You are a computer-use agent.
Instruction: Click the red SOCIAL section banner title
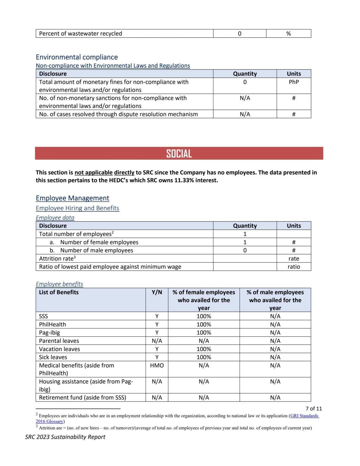point(179,154)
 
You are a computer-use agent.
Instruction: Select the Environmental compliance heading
point(77,57)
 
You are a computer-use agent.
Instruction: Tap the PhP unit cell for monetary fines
point(294,82)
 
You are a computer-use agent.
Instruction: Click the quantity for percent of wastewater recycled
point(239,34)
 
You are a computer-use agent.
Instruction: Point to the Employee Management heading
point(73,198)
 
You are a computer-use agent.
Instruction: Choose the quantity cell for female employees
point(245,242)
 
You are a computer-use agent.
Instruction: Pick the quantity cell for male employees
point(245,250)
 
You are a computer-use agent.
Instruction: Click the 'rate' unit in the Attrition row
point(294,259)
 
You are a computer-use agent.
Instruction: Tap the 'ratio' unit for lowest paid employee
point(294,267)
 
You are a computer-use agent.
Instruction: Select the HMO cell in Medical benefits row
point(157,366)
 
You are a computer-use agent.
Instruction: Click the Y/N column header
point(157,292)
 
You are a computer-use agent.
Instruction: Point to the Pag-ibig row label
point(50,333)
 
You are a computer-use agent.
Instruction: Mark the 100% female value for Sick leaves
point(204,357)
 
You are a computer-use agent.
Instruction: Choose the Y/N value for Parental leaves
point(157,341)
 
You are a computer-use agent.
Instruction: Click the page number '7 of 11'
point(314,409)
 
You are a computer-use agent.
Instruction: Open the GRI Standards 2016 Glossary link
point(304,416)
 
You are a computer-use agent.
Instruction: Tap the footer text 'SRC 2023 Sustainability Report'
point(65,437)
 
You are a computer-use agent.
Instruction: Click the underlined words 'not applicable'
point(94,173)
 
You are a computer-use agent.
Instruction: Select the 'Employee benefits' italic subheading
point(59,284)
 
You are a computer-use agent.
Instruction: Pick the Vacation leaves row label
point(60,349)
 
